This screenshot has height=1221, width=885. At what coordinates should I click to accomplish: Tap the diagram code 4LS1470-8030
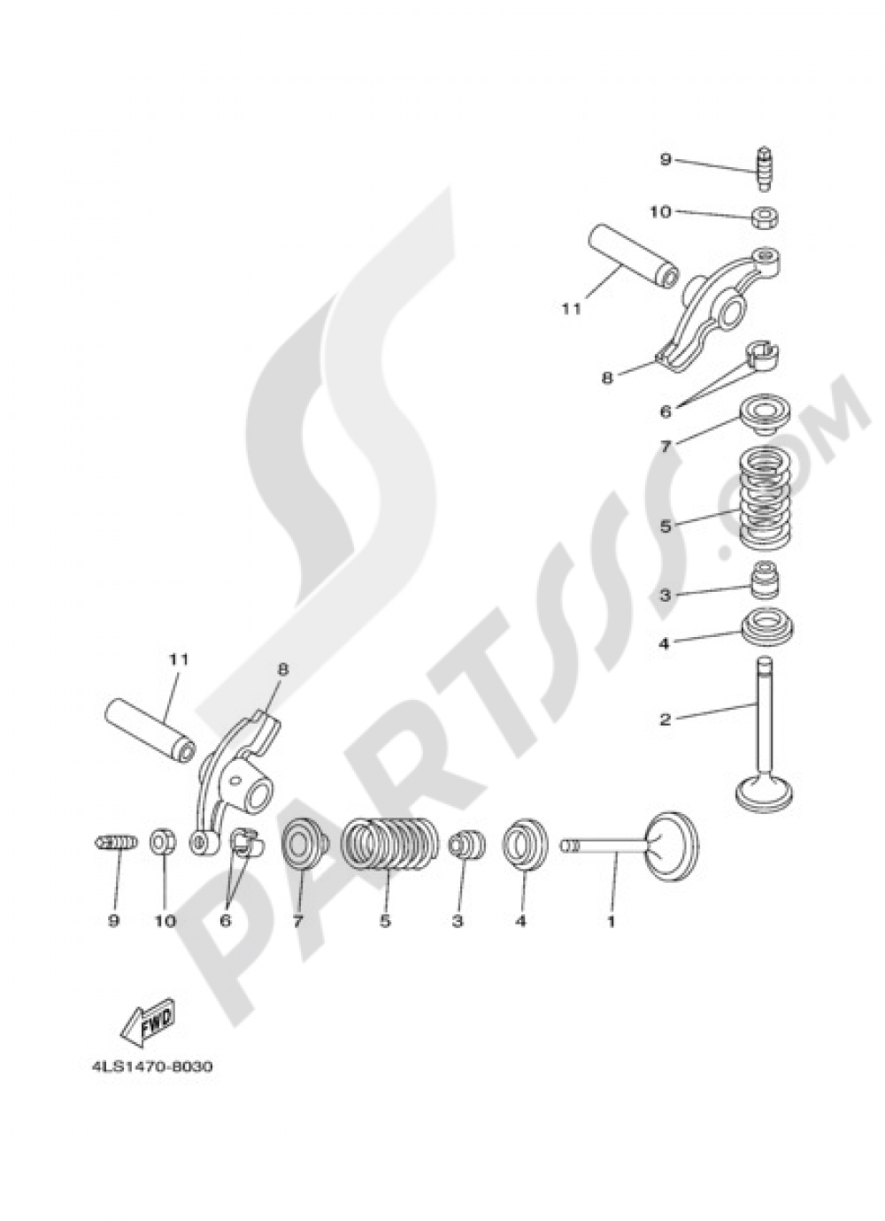(x=150, y=1066)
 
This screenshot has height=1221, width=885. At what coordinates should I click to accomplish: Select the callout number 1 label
(x=610, y=921)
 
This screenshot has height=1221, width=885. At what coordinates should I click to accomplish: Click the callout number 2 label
(x=665, y=719)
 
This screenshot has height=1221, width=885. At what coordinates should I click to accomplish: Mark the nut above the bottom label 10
(x=162, y=842)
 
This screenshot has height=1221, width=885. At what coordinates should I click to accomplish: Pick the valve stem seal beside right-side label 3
(x=763, y=581)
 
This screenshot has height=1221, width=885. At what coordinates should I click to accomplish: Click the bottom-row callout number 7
(x=297, y=921)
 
